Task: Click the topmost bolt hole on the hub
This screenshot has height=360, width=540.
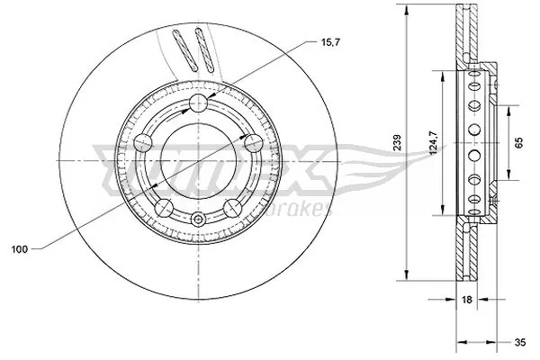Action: coord(198,103)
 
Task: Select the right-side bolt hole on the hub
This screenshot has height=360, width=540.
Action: coord(250,142)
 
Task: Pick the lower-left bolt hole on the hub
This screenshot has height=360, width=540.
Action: coord(165,206)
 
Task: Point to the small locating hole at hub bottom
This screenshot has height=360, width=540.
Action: coord(198,219)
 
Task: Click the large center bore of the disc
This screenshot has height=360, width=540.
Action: coord(198,157)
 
